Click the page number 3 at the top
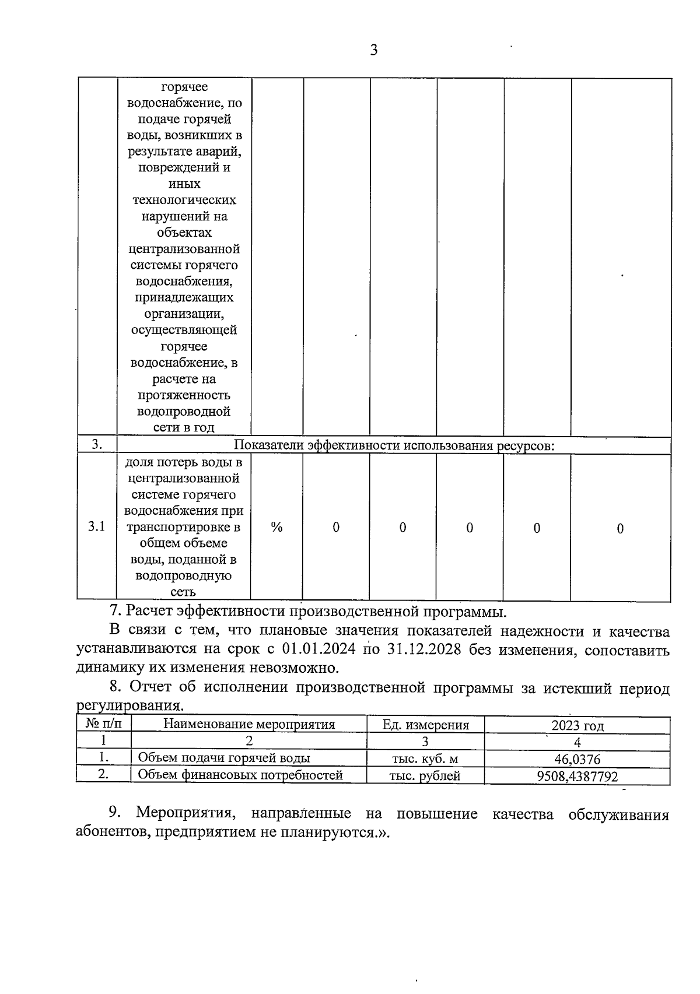[x=374, y=50]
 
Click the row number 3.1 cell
[x=97, y=527]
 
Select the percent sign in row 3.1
[x=276, y=527]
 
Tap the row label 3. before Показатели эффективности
[x=97, y=445]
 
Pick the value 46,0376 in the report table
[x=577, y=758]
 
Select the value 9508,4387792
[x=577, y=776]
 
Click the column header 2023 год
[x=577, y=725]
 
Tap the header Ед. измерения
[x=425, y=725]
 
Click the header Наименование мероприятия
[x=249, y=725]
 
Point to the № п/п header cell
[x=104, y=724]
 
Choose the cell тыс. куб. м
[x=425, y=758]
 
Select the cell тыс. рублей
[x=425, y=776]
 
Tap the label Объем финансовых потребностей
[x=240, y=775]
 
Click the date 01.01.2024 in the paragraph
[x=318, y=649]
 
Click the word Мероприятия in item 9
[x=184, y=814]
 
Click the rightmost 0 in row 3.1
[x=620, y=528]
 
